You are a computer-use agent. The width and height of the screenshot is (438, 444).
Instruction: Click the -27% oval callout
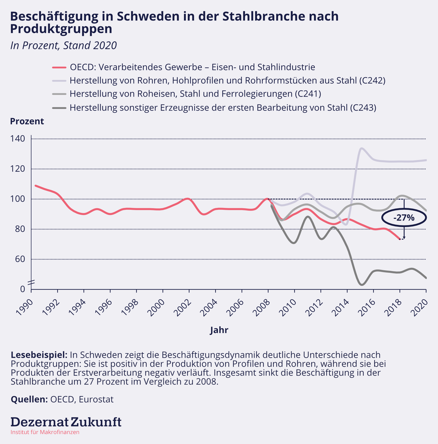click(x=404, y=218)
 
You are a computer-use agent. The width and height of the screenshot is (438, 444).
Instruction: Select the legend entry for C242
click(x=227, y=80)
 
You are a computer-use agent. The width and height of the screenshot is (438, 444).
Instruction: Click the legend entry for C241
click(x=195, y=94)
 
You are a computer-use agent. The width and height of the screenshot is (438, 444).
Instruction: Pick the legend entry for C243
click(x=223, y=108)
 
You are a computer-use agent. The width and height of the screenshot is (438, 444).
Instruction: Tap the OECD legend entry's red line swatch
click(x=59, y=67)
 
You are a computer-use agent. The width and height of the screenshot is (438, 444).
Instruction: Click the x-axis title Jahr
click(x=219, y=330)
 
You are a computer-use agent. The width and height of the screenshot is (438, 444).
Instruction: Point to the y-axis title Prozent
click(x=27, y=121)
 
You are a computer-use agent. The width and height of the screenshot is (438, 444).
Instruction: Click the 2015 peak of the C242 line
click(x=362, y=148)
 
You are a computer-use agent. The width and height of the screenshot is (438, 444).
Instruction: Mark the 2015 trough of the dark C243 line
click(x=362, y=285)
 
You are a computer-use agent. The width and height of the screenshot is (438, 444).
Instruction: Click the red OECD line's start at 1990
click(x=36, y=185)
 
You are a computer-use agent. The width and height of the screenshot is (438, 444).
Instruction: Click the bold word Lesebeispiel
click(x=39, y=355)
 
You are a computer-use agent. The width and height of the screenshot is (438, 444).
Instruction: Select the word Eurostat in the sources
click(x=96, y=399)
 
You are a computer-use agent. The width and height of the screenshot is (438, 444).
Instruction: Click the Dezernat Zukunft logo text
click(x=66, y=422)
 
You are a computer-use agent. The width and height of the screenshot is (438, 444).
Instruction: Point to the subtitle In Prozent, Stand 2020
click(x=64, y=45)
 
